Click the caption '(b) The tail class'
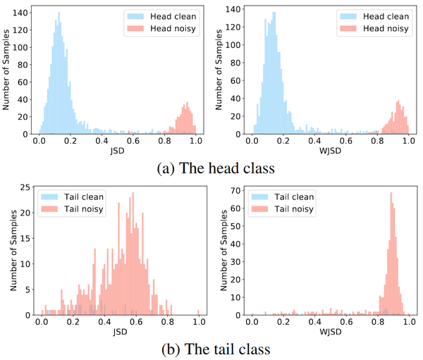[x=211, y=349]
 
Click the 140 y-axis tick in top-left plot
[x=24, y=12]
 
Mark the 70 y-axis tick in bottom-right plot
[x=238, y=191]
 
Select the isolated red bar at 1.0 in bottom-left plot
[x=199, y=312]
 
